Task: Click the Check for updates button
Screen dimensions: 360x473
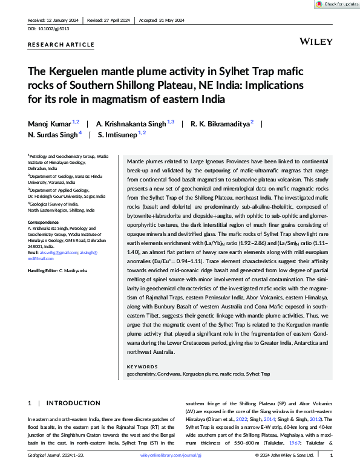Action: click(x=335, y=4)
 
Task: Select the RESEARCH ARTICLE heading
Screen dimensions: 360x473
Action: click(x=61, y=45)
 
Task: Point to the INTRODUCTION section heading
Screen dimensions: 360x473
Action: click(x=73, y=403)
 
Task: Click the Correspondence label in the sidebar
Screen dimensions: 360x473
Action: click(x=44, y=223)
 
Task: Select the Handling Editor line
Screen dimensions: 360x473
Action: click(x=60, y=270)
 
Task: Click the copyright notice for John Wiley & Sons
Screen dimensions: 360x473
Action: click(x=286, y=455)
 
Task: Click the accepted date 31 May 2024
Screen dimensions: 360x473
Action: click(x=170, y=19)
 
